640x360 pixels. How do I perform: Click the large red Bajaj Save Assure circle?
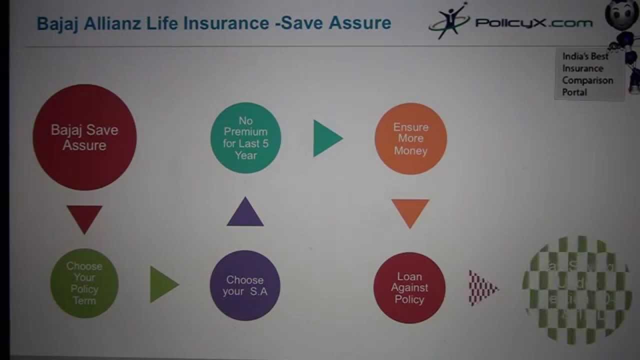click(84, 137)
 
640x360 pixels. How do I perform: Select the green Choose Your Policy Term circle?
click(84, 283)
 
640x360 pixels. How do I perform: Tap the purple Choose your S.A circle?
click(245, 285)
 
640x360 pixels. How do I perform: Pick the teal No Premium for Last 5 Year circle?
click(245, 138)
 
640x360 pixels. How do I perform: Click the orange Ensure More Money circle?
click(410, 138)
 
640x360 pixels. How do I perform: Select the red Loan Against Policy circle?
click(409, 287)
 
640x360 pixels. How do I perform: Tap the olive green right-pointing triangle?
click(162, 284)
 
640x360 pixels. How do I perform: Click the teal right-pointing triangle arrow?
click(326, 138)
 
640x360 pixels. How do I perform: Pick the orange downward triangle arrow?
click(410, 211)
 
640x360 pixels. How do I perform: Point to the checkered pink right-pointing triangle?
click(481, 288)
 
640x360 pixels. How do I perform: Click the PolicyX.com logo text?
click(533, 22)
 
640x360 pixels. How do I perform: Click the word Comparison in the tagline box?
click(587, 80)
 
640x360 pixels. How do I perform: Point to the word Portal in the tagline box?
click(574, 92)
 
